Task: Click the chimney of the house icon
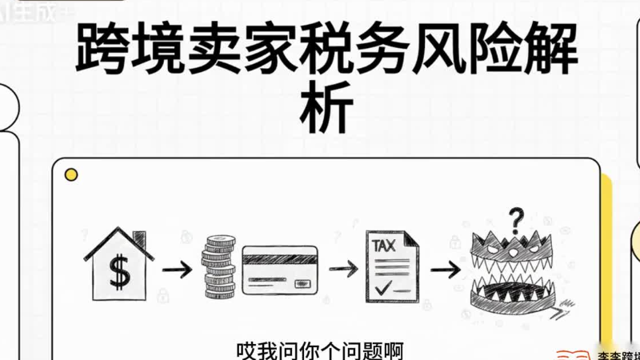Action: pos(140,240)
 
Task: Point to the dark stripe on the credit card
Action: pos(280,259)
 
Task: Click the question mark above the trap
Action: pos(517,218)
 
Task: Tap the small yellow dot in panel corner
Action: pos(71,174)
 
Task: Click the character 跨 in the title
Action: pos(102,50)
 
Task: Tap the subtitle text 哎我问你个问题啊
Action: pos(319,350)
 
